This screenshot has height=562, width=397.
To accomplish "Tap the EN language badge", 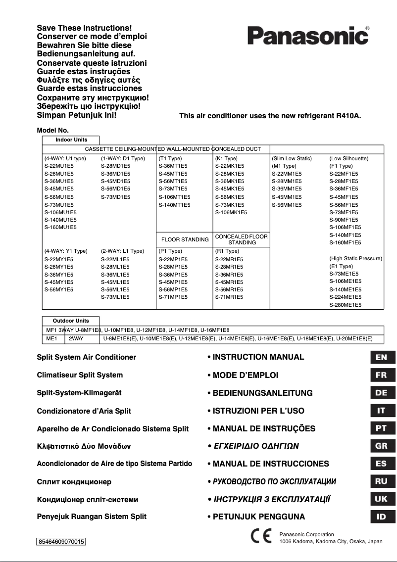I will tap(381, 357).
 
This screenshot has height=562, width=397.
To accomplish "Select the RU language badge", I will tap(381, 481).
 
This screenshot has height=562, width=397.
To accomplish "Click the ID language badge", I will tap(381, 517).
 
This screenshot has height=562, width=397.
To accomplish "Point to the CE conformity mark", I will tap(261, 537).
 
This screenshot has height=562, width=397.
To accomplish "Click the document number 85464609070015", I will tap(61, 542).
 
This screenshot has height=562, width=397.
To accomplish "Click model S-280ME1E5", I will tap(345, 305).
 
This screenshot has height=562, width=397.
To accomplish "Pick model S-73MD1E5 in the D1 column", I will tap(115, 197).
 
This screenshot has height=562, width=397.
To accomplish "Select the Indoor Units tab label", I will tap(71, 140).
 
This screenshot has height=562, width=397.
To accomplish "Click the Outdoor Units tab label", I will tap(71, 321).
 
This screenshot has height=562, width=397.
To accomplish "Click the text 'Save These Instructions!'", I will tap(85, 29).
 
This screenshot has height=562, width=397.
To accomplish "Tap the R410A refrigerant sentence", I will tap(270, 116).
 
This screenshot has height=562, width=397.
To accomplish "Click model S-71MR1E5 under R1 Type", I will tap(229, 297).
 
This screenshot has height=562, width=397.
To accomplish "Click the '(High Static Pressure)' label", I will tap(355, 258).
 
